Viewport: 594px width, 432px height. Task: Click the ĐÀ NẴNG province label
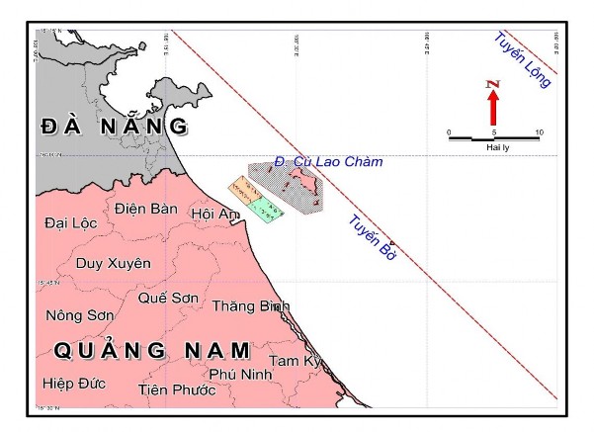[x=114, y=126]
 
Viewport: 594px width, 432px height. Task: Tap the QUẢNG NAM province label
[x=152, y=350]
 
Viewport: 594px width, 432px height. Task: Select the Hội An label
[x=215, y=214]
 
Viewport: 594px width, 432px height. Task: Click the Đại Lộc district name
[x=71, y=223]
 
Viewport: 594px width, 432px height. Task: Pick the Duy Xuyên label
[x=114, y=263]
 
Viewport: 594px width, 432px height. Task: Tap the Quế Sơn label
[x=167, y=298]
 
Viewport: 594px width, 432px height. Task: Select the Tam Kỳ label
[x=296, y=361]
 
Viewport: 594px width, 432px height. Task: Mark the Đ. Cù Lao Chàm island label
[x=328, y=161]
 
